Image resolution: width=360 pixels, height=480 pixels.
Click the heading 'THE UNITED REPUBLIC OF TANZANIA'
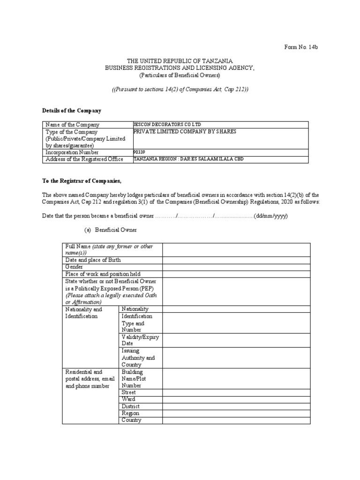tap(180, 61)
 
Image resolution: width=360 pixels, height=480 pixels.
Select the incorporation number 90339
tap(140, 152)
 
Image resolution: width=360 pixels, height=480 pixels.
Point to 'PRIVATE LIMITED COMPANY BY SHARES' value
tap(185, 132)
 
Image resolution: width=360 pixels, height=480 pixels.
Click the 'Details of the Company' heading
tap(72, 111)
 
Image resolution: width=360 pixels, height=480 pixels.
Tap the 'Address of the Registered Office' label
tap(84, 159)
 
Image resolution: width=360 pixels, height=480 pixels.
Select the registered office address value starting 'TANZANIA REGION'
tap(188, 159)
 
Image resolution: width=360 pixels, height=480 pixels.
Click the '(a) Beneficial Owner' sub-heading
tap(111, 231)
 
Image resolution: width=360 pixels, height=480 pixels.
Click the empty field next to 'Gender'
tap(236, 267)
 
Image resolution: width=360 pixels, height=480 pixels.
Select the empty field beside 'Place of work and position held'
tap(236, 274)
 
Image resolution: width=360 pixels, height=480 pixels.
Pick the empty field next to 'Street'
tap(236, 392)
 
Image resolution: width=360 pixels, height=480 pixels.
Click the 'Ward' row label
tap(128, 399)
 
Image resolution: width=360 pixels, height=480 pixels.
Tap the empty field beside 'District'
tap(236, 406)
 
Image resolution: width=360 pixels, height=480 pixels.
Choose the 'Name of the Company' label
tap(72, 125)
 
